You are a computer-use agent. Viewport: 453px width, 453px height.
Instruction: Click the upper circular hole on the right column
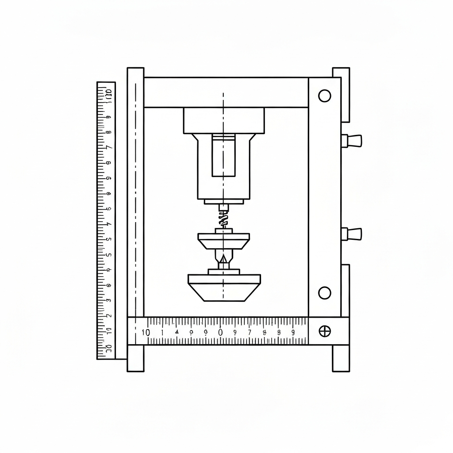pyautogui.click(x=325, y=96)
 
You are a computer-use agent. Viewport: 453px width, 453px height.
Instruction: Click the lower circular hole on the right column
pyautogui.click(x=325, y=293)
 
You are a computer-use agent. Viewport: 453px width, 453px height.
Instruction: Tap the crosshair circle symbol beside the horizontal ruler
pyautogui.click(x=325, y=331)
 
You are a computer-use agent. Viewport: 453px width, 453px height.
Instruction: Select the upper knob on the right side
pyautogui.click(x=353, y=141)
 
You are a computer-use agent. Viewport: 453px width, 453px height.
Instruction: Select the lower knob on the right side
pyautogui.click(x=353, y=234)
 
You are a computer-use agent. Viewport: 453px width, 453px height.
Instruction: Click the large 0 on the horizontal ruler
pyautogui.click(x=220, y=332)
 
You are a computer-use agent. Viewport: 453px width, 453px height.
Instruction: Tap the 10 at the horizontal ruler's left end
pyautogui.click(x=145, y=333)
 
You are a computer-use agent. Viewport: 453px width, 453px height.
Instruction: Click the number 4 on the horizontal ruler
pyautogui.click(x=177, y=332)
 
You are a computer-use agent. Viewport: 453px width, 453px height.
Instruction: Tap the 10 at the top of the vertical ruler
pyautogui.click(x=108, y=93)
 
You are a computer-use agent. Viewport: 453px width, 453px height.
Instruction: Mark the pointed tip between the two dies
pyautogui.click(x=224, y=259)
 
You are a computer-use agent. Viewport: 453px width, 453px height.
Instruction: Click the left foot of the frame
pyautogui.click(x=135, y=358)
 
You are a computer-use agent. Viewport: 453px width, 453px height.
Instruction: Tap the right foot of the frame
pyautogui.click(x=341, y=358)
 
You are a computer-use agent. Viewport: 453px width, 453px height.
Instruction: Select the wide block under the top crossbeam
pyautogui.click(x=224, y=120)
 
